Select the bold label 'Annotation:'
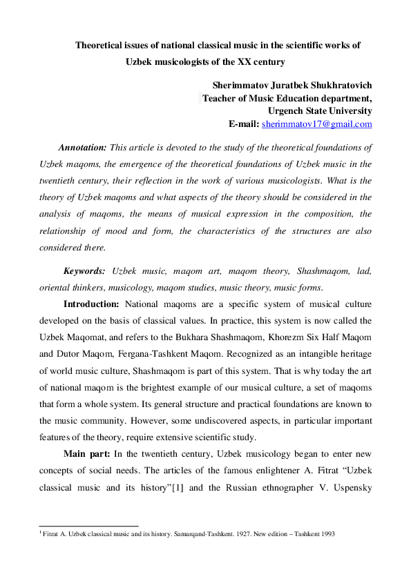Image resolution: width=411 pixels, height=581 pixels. coord(82,148)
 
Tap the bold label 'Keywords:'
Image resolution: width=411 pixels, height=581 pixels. coord(84,272)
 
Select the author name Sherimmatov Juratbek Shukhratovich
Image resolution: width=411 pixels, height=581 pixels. coord(292,85)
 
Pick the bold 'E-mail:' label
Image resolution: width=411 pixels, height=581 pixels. coord(244,124)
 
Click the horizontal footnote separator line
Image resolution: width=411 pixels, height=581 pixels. coord(88,526)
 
